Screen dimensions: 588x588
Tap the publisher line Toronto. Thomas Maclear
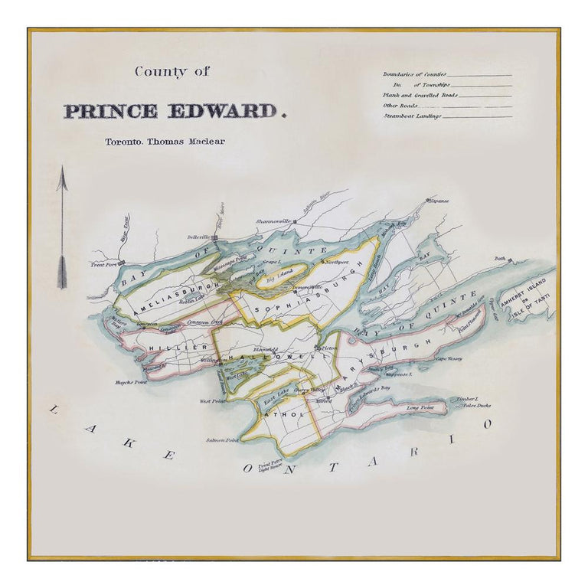click(165, 142)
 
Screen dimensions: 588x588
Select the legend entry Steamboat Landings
click(413, 116)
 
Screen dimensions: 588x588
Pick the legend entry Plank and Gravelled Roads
click(420, 95)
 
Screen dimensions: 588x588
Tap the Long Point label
click(420, 409)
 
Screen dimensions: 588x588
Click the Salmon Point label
click(222, 440)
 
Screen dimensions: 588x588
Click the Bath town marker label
click(501, 259)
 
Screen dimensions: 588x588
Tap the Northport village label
click(336, 263)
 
